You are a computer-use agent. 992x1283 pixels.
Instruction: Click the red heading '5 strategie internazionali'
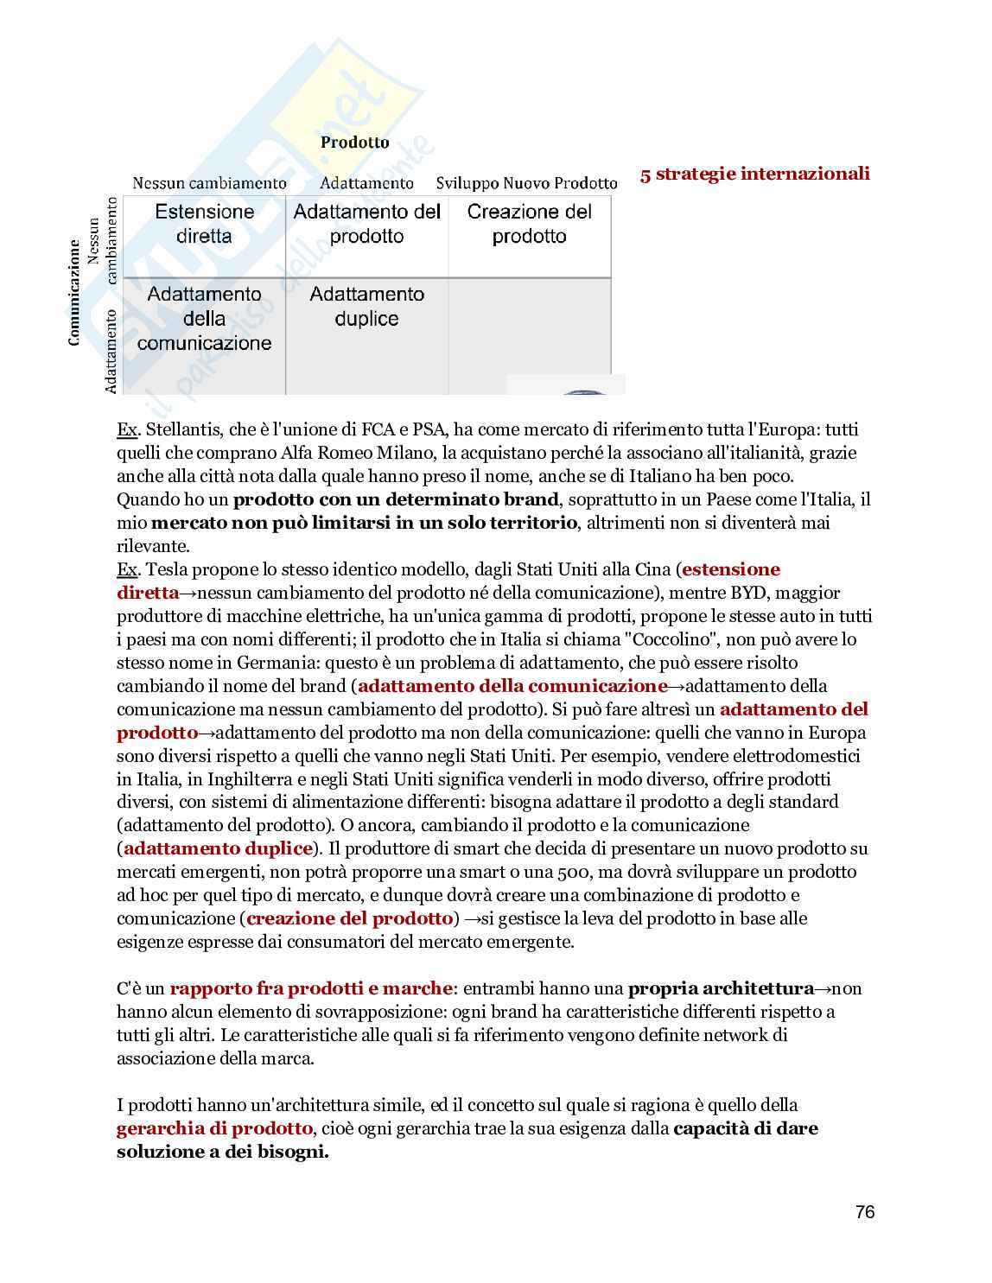(754, 174)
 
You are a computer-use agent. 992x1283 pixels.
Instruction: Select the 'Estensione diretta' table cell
(204, 224)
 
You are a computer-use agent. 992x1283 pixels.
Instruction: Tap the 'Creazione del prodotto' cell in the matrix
(529, 224)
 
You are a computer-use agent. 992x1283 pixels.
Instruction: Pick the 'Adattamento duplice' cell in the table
(366, 307)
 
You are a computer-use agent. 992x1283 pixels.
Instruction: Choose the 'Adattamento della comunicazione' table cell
(204, 319)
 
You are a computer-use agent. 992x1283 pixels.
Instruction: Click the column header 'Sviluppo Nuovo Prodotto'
(526, 183)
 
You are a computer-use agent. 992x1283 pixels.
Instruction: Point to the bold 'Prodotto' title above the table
(354, 143)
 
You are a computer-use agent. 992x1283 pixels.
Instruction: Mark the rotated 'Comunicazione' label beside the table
(74, 293)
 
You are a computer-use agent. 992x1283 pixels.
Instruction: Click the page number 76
(864, 1212)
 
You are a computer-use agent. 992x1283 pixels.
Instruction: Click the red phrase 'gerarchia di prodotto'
(214, 1128)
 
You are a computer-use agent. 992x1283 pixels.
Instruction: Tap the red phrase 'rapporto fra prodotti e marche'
(310, 988)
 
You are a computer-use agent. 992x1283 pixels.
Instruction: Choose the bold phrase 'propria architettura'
(721, 988)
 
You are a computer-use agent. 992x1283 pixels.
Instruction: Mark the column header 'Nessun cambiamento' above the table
(209, 183)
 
